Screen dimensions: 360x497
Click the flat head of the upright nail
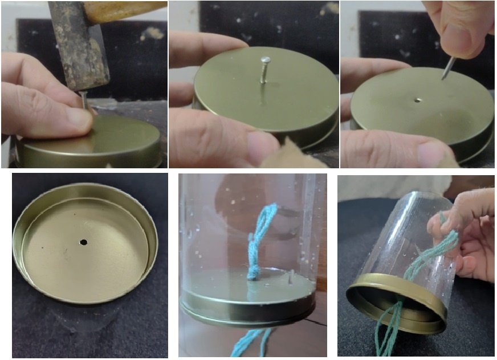pyautogui.click(x=264, y=59)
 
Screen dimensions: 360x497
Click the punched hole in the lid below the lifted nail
pyautogui.click(x=418, y=100)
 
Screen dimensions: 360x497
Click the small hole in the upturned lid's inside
pyautogui.click(x=83, y=242)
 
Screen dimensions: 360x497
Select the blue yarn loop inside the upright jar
pyautogui.click(x=262, y=228)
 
